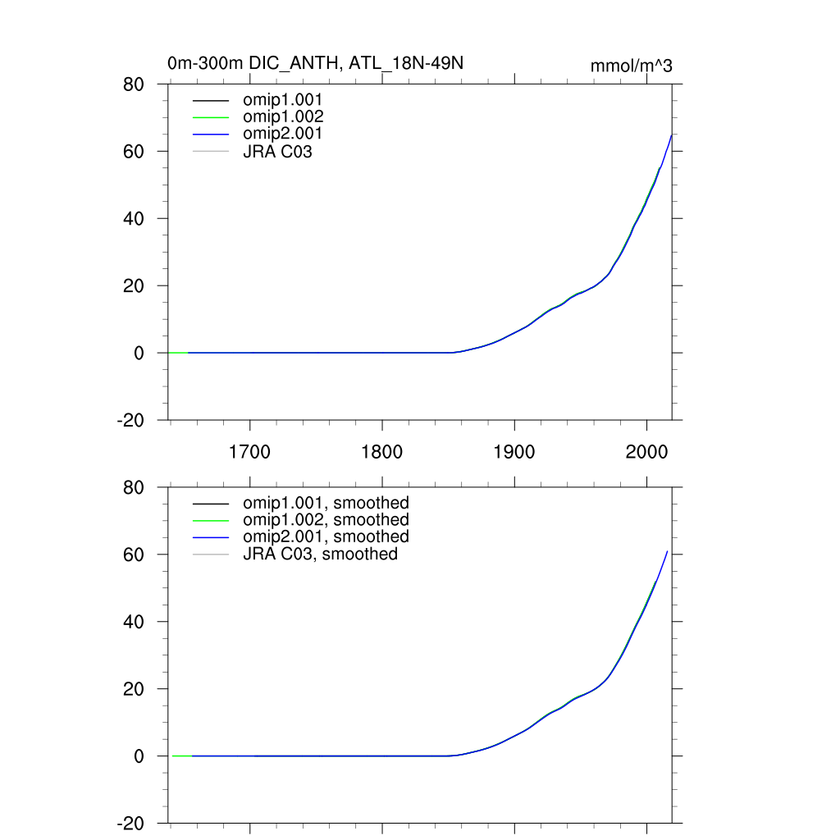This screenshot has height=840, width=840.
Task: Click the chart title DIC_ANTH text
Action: coord(317,63)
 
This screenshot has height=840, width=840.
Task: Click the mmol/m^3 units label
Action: coord(631,66)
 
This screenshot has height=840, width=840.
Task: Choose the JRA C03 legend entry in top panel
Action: coord(277,151)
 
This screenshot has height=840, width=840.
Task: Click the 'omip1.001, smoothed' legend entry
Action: coord(326,503)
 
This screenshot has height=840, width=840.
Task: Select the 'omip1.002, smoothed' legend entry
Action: coord(326,520)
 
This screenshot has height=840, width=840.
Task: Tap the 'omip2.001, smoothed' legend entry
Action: coord(326,536)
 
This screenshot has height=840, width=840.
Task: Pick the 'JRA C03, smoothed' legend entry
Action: coord(320,555)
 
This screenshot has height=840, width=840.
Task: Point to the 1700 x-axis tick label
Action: coord(250,451)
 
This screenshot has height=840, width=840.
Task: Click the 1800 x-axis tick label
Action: coord(382,451)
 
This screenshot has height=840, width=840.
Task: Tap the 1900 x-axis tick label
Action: coord(514,451)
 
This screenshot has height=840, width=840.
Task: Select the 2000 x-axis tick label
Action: coord(646,451)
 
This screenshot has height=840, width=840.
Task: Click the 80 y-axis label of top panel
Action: coord(135,84)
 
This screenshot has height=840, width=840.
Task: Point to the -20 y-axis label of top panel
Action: coord(131,420)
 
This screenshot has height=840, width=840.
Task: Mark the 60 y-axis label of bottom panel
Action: coord(135,555)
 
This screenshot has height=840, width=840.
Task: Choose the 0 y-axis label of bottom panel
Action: coord(139,756)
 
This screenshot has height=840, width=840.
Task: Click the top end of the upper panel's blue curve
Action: coord(672,135)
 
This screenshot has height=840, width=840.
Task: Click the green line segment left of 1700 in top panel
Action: coord(178,353)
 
